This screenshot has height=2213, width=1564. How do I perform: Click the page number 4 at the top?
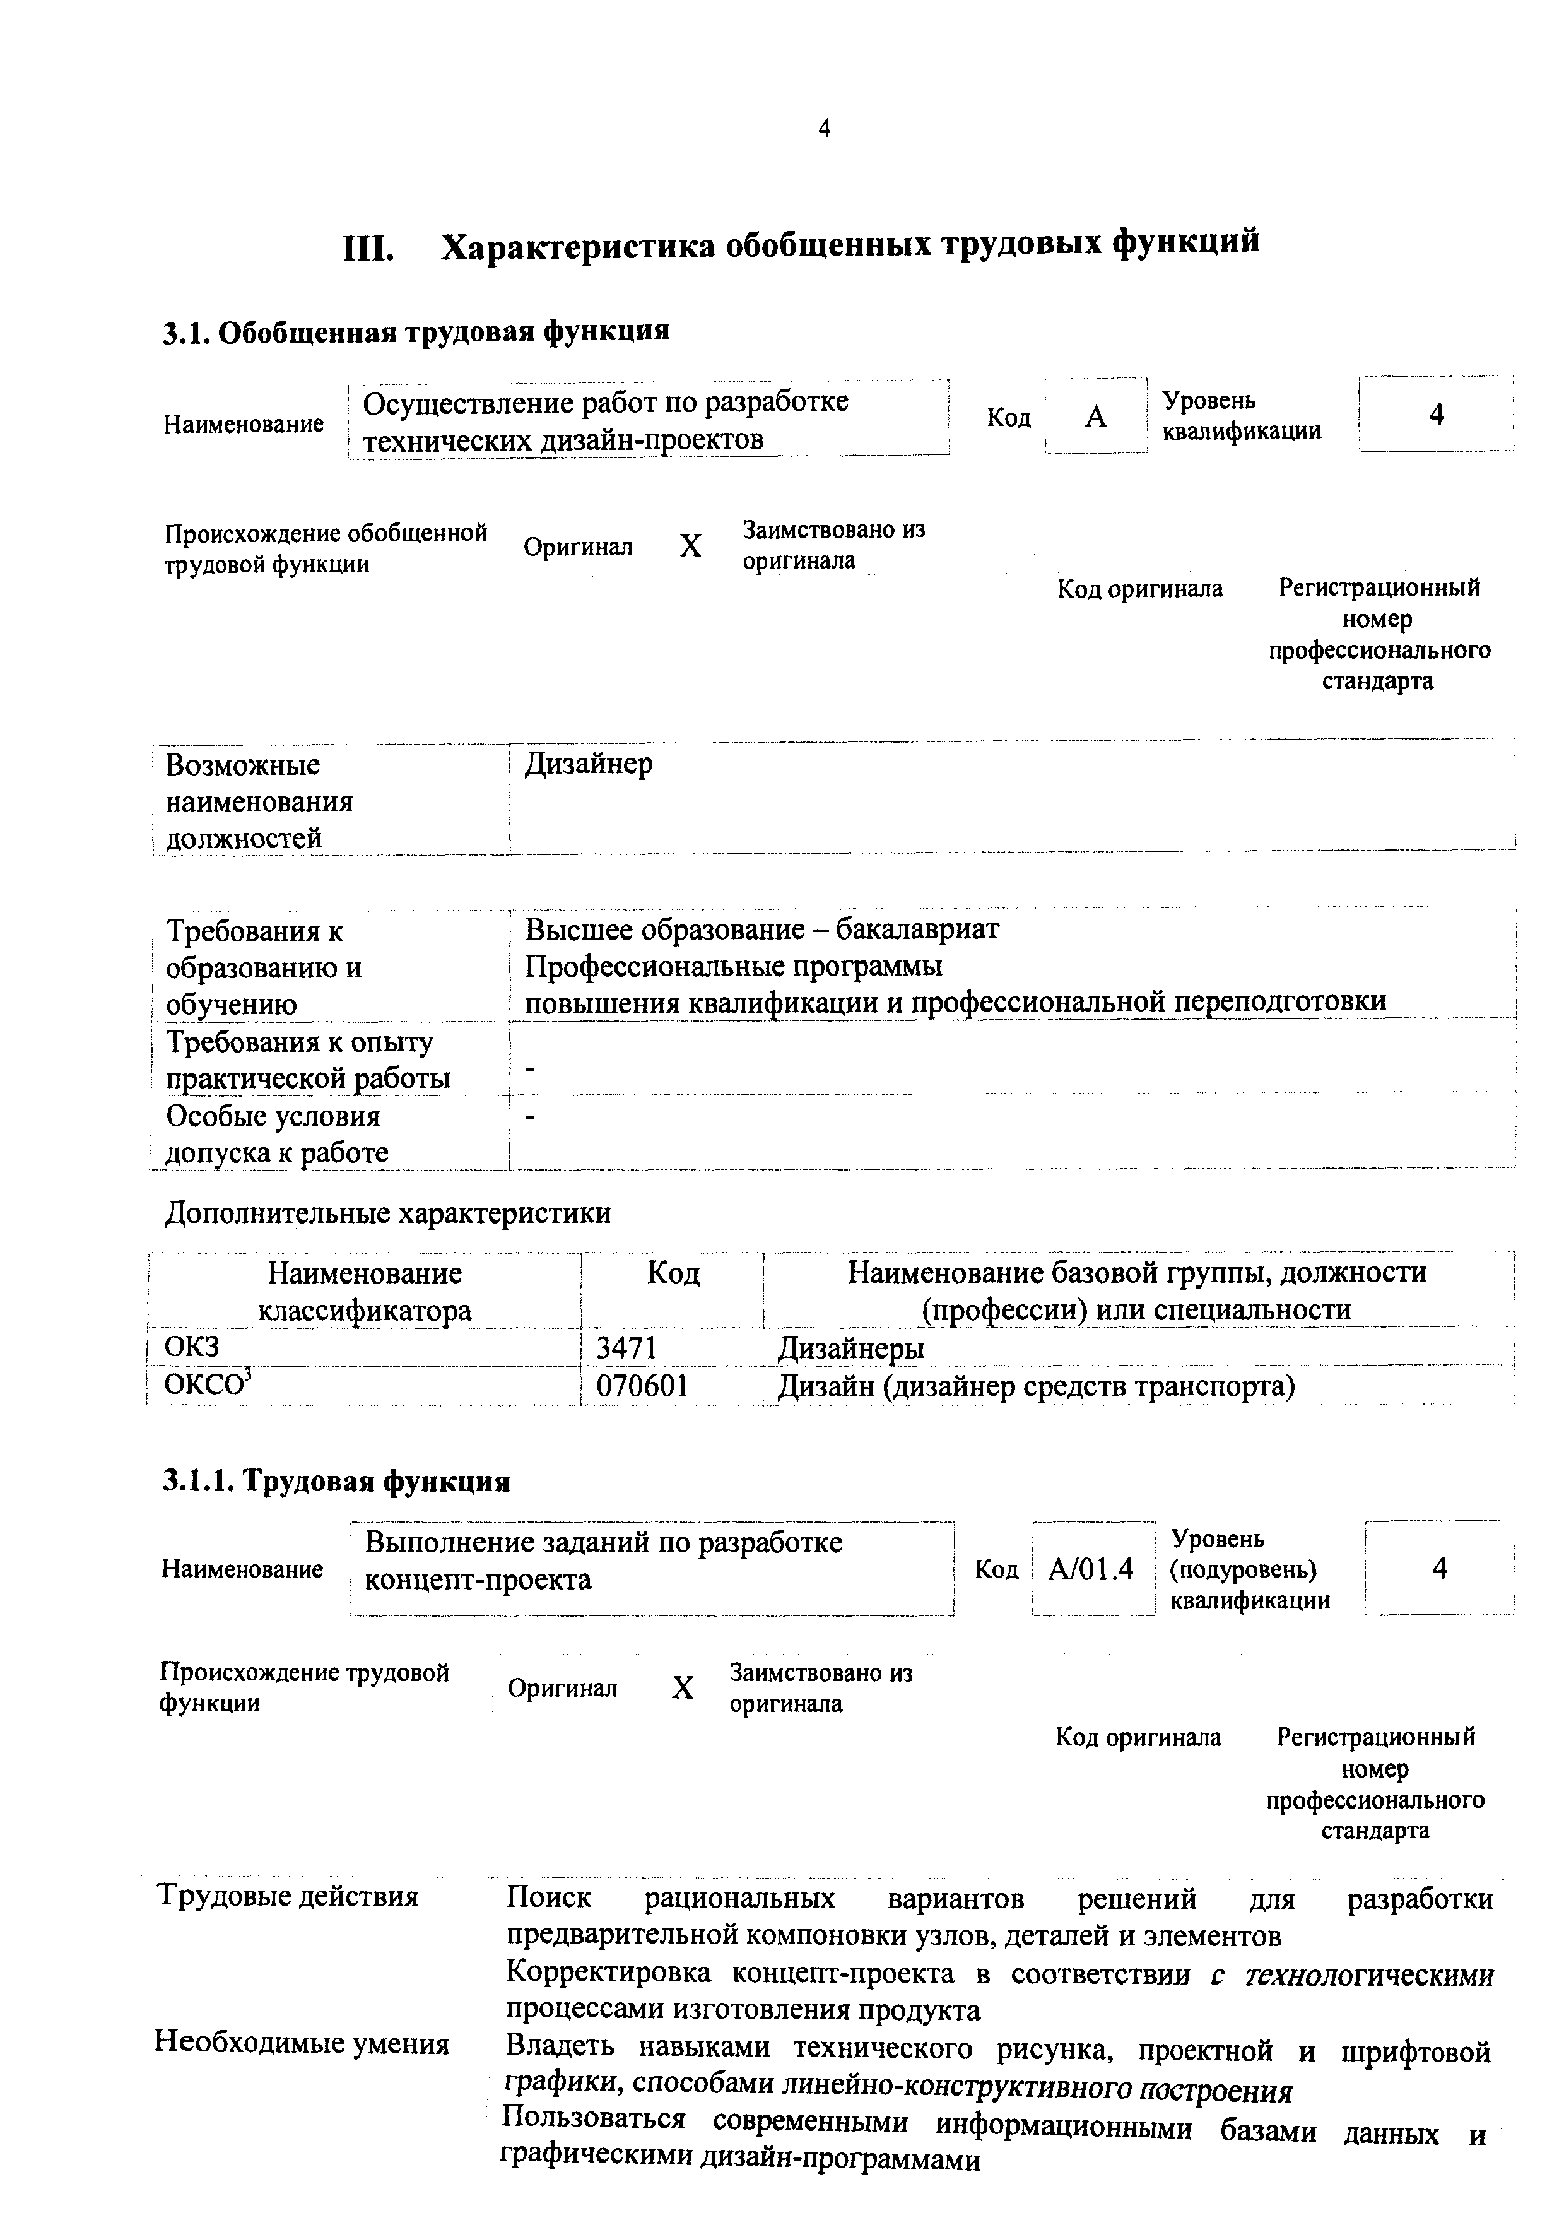point(824,128)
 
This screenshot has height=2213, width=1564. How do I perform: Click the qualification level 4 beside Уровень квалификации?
point(1436,415)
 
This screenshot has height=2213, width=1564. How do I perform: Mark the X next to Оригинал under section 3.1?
point(690,546)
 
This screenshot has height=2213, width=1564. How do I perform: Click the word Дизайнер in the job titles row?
point(589,764)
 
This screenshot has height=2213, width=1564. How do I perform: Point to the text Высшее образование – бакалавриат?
point(761,929)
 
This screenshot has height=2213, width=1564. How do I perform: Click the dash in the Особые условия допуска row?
point(530,1117)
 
